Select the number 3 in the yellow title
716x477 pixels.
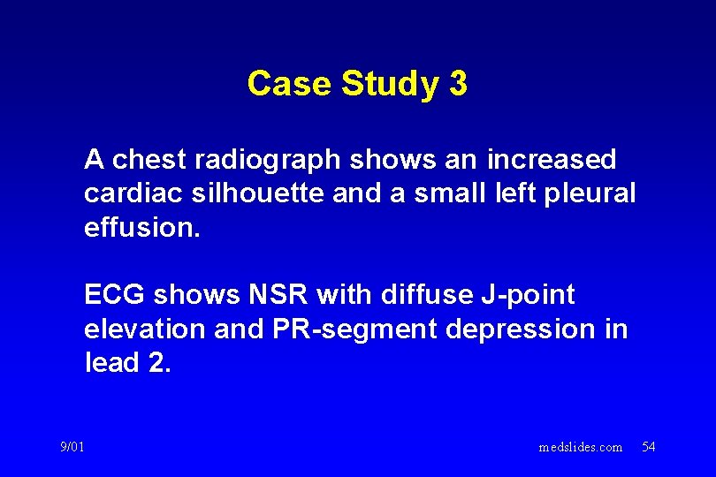point(458,84)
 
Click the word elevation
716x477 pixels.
point(145,329)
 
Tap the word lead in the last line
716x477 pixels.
point(112,362)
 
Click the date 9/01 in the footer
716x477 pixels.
point(74,447)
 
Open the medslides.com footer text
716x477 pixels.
point(580,448)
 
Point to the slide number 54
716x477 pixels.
point(648,447)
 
